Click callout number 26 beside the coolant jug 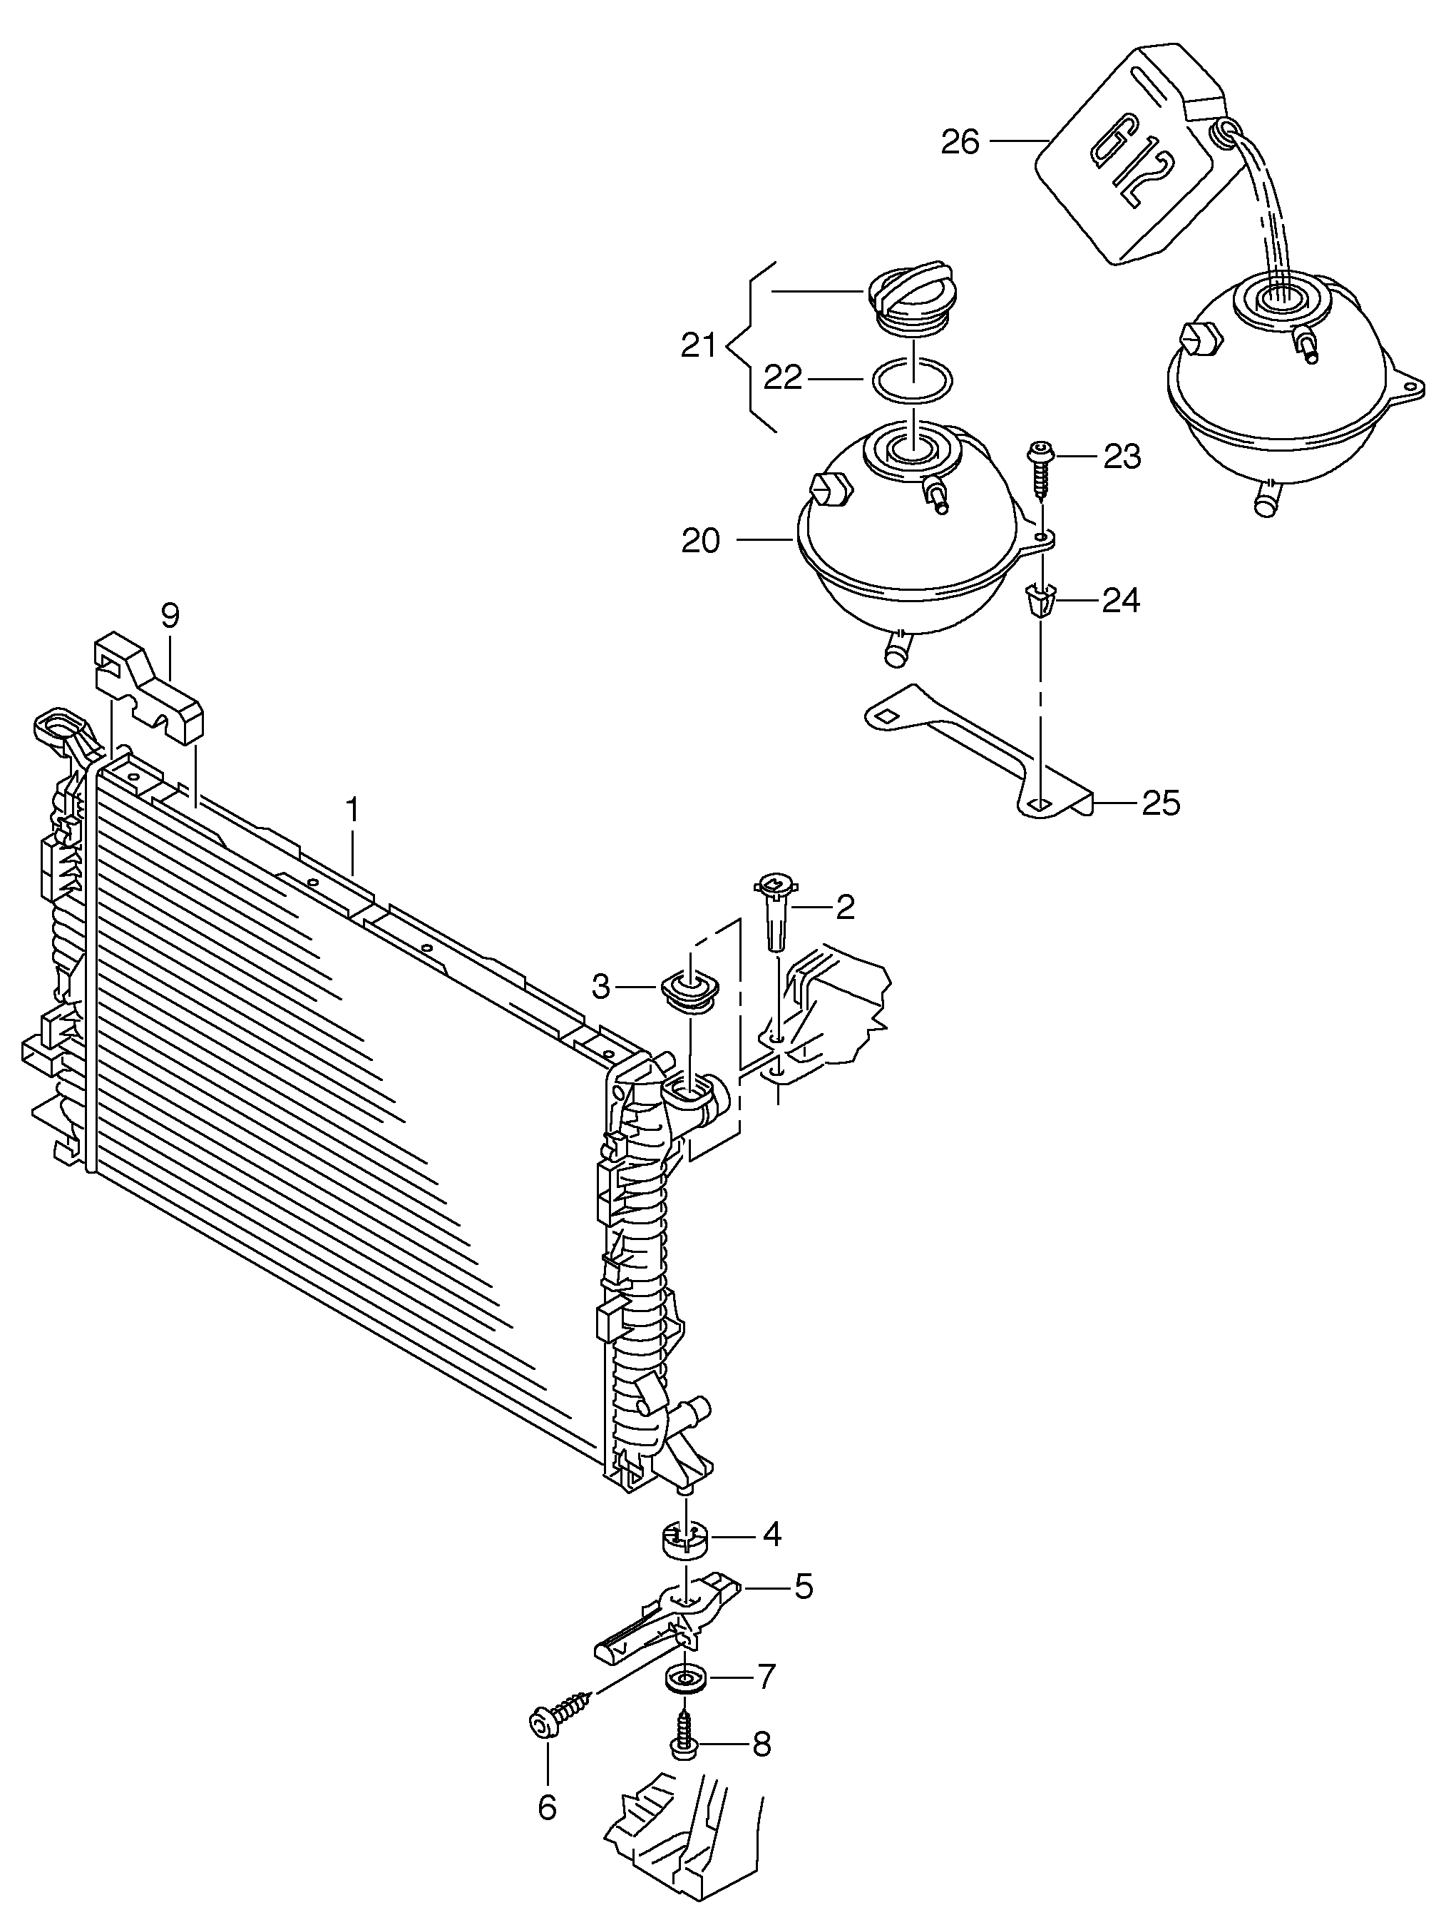click(x=960, y=141)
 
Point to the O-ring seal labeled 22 click(x=912, y=380)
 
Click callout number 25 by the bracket click(x=1160, y=803)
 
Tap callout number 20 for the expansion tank click(x=701, y=541)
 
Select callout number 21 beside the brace click(x=698, y=346)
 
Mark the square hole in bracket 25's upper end click(x=885, y=716)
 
